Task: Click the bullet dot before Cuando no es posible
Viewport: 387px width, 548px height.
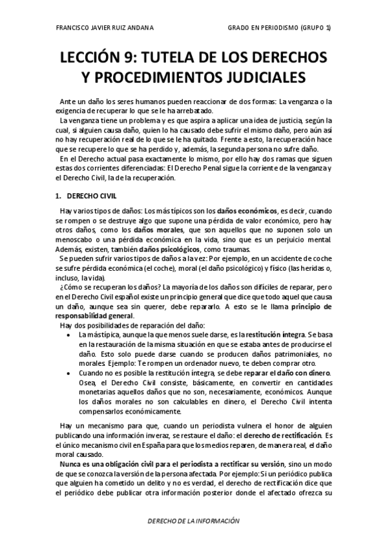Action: (x=67, y=374)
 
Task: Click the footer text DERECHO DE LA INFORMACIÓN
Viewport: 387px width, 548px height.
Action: (x=193, y=521)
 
